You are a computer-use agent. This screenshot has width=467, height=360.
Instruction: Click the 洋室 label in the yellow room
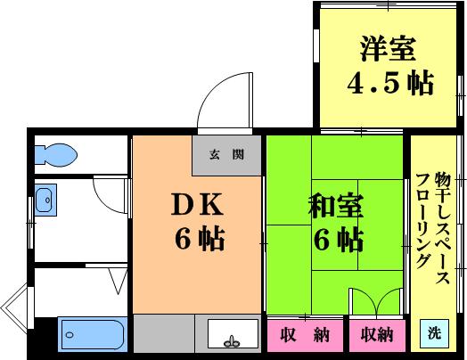388,48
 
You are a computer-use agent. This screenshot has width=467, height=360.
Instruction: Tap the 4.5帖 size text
390,83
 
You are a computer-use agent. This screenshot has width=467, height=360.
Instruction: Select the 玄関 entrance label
226,154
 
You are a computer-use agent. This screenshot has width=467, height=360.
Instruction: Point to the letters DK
197,204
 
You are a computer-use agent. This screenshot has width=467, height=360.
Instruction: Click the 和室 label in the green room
335,206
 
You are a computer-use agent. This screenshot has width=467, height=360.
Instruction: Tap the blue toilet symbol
56,155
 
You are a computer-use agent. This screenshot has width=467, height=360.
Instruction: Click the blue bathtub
93,335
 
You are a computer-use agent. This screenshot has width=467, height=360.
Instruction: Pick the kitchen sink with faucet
233,334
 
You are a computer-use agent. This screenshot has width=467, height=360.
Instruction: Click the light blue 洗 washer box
435,333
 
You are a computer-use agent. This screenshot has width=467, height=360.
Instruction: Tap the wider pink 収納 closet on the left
305,335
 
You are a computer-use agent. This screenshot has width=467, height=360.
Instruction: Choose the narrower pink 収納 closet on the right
377,335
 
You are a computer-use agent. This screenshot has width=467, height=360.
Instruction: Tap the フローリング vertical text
423,221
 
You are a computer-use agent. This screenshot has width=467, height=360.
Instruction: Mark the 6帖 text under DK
200,238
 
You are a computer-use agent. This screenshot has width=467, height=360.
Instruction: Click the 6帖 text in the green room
339,240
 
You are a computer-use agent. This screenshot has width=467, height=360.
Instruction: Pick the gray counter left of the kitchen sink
164,333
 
